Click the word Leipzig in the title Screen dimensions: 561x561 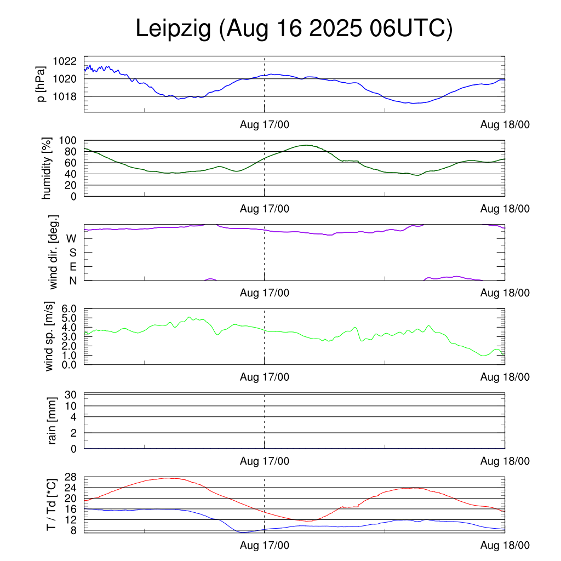(173, 29)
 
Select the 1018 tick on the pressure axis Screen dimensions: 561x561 (65, 97)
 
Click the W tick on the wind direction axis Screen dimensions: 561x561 (71, 239)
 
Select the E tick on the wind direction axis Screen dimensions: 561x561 (72, 267)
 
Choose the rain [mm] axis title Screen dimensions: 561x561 (52, 421)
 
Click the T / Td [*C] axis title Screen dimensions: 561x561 (51, 504)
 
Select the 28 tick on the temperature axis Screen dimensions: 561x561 (73, 477)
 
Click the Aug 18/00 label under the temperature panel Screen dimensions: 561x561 (505, 546)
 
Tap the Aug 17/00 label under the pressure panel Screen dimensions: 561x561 (265, 125)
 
